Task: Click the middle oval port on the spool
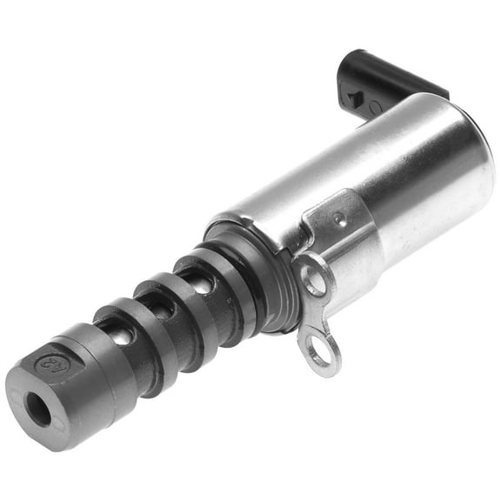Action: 159,304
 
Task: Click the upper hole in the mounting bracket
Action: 314,283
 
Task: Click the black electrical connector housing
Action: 383,78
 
